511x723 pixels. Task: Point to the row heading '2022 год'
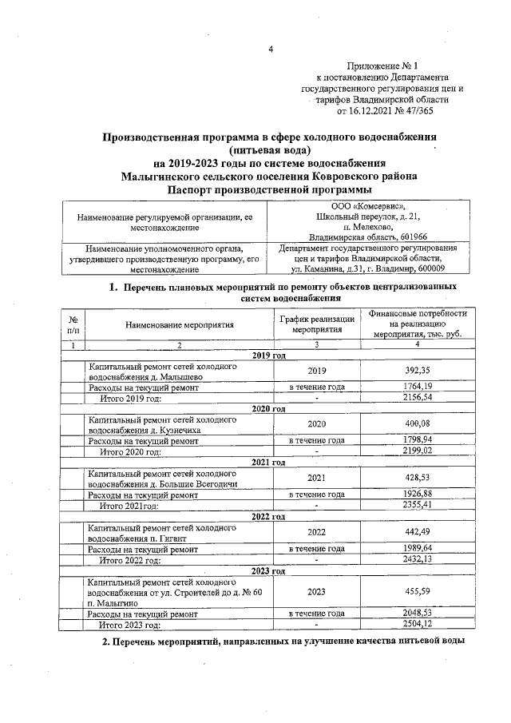click(x=268, y=517)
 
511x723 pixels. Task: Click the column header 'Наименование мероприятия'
click(x=179, y=325)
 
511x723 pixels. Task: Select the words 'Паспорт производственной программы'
click(x=269, y=189)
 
